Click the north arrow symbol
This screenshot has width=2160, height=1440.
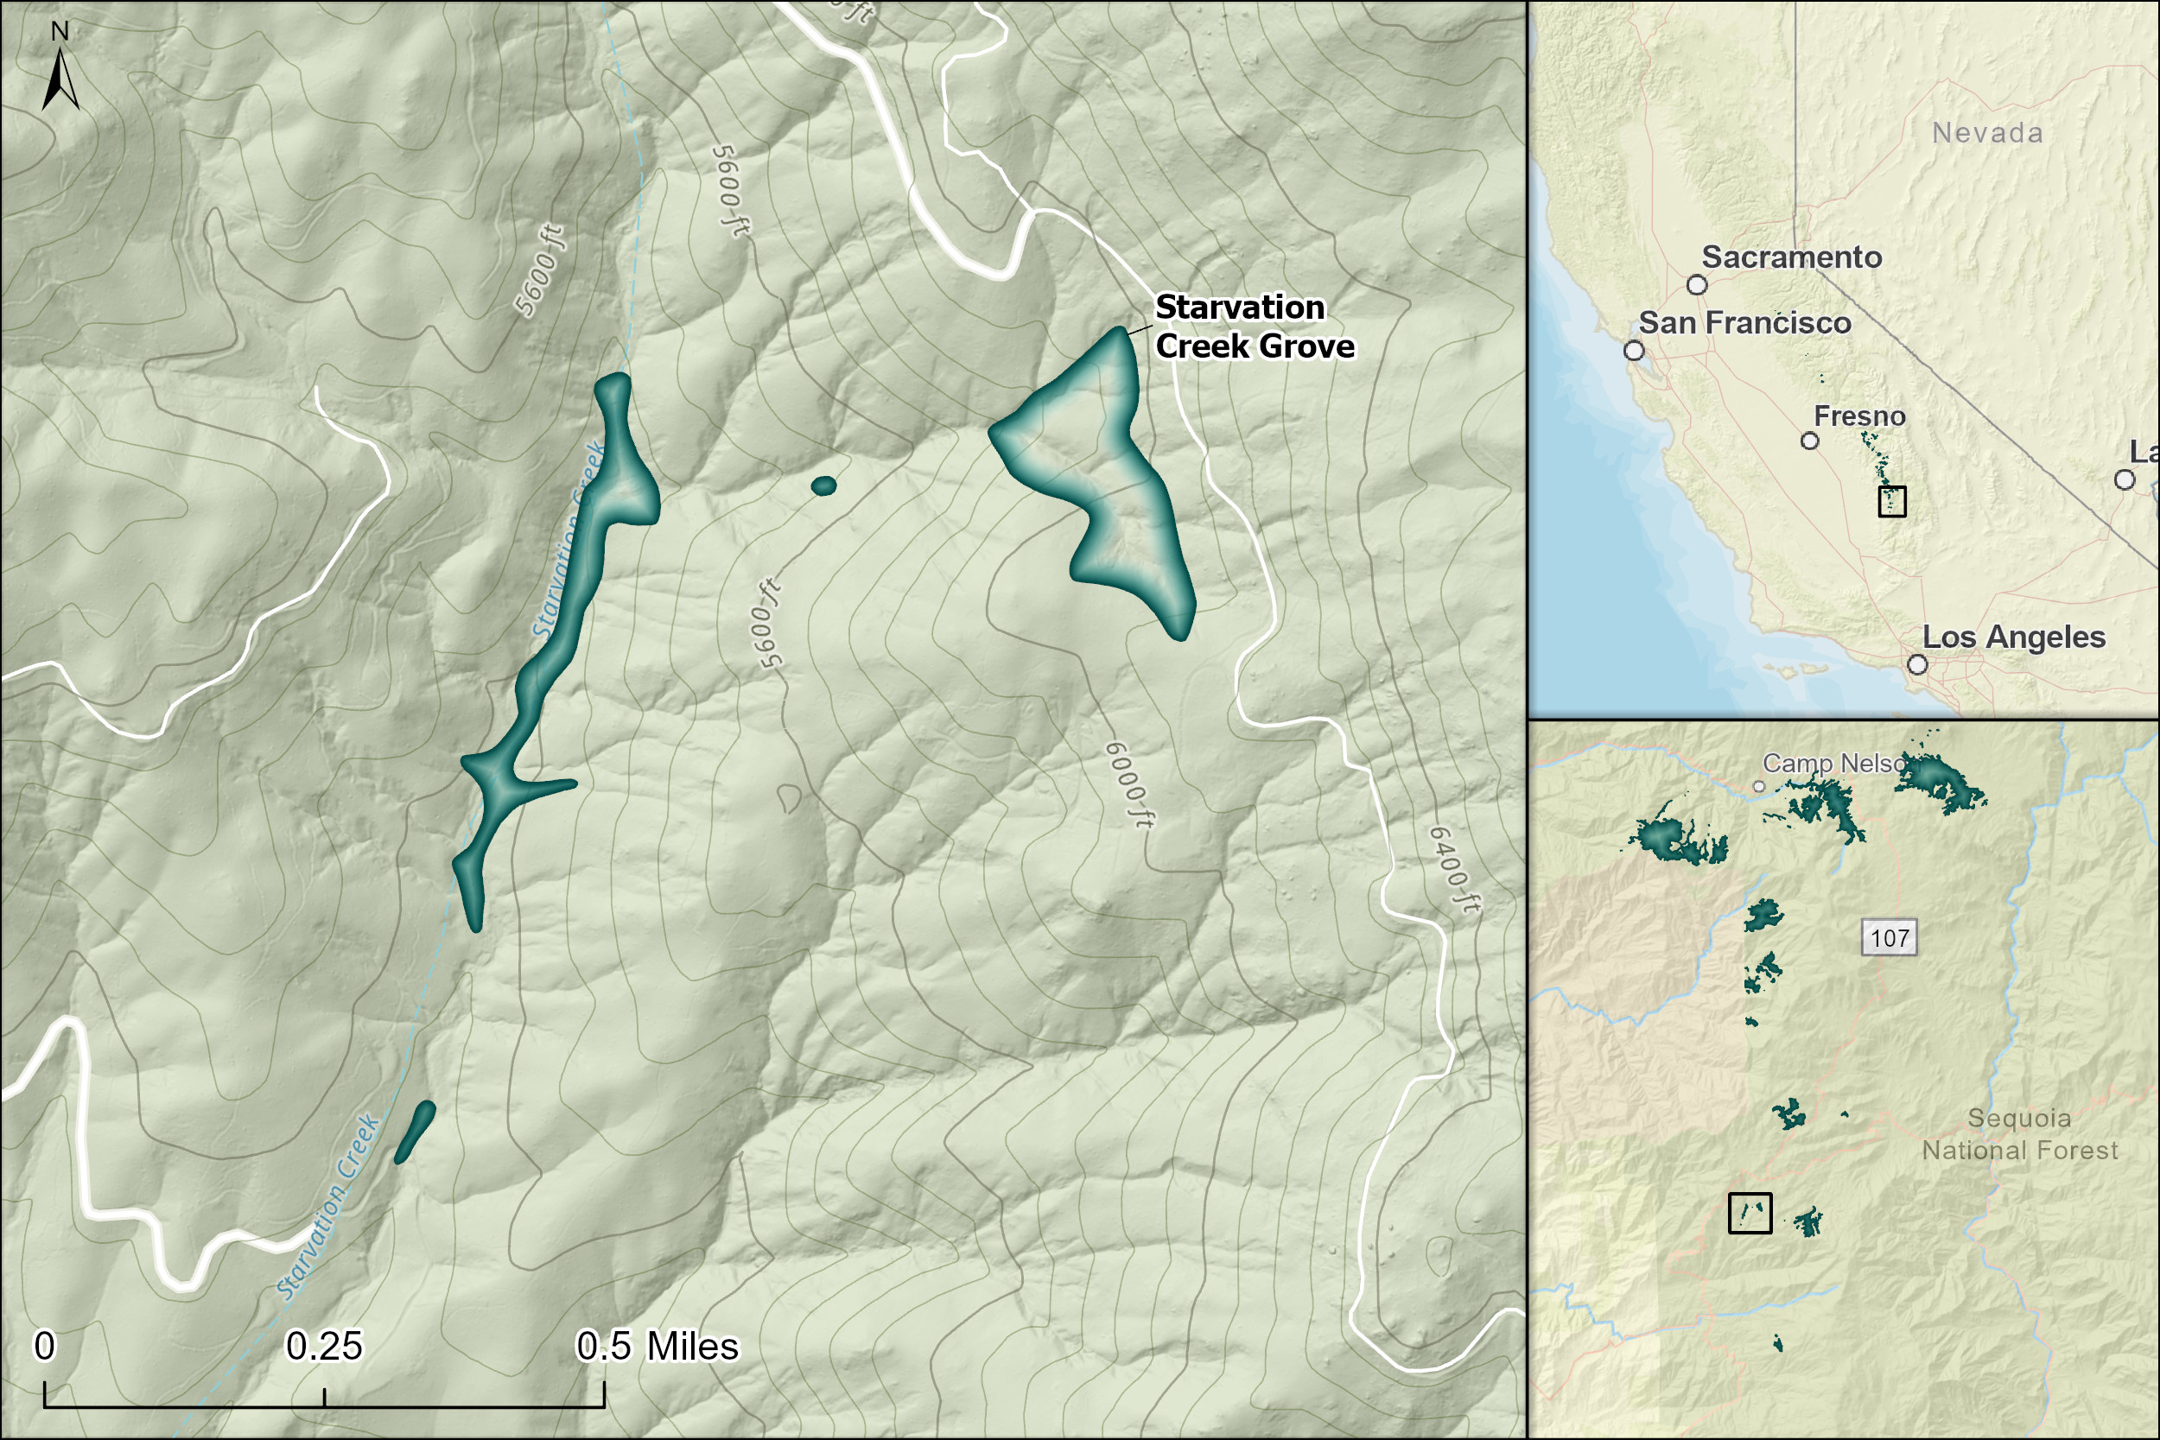point(60,79)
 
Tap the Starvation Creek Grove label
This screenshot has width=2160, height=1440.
point(1253,327)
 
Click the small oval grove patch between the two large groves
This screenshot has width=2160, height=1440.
point(823,485)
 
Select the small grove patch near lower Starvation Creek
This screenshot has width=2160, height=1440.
point(414,1132)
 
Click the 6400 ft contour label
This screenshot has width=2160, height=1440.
point(1454,870)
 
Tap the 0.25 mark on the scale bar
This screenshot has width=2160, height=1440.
point(324,1347)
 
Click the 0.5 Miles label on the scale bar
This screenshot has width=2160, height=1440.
point(657,1347)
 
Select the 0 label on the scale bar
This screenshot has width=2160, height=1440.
point(44,1347)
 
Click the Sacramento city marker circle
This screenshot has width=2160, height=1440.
point(1697,285)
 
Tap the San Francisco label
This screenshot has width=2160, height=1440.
point(1744,323)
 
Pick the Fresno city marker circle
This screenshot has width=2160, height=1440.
point(1809,441)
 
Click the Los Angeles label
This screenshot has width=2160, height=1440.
point(2013,638)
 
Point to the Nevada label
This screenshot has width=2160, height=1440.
point(1987,133)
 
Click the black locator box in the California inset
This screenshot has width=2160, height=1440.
point(1892,501)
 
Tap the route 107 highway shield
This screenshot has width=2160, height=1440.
point(1889,937)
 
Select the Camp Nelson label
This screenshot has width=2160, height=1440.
point(1833,763)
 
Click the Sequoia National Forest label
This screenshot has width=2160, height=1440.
point(2019,1134)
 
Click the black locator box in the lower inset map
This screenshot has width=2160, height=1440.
point(1750,1212)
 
